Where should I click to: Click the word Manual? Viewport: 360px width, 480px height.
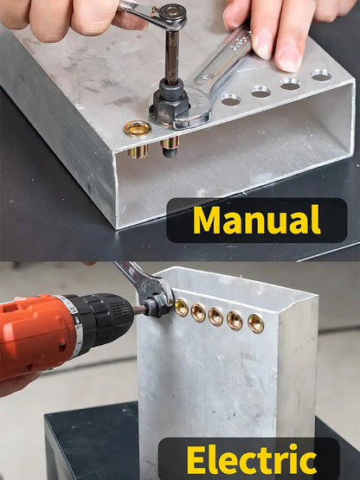point(257,220)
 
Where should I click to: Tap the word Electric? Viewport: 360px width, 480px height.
point(252,459)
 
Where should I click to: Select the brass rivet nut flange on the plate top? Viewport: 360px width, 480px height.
point(138,129)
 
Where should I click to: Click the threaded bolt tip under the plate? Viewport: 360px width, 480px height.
point(170,150)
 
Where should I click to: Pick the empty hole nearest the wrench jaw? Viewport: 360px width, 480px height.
point(231,99)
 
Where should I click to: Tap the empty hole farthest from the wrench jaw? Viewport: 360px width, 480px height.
point(321,74)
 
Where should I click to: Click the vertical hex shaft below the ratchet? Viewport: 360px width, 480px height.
point(172,56)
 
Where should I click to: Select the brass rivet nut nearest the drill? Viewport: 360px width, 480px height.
point(182,307)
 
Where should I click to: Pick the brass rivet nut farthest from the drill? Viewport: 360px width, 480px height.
point(255,323)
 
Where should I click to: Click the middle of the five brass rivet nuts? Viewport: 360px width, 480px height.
point(215,317)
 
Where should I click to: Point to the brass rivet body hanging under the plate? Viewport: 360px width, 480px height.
point(138,151)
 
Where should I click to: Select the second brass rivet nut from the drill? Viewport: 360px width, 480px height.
point(198,312)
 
